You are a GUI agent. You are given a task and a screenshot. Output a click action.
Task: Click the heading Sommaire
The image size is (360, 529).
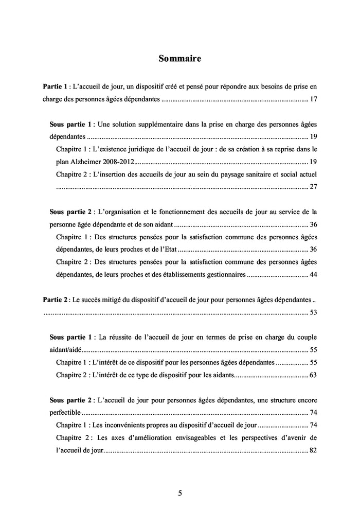click(179, 59)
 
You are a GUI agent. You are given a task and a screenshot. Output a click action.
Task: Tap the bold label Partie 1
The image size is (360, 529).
click(55, 85)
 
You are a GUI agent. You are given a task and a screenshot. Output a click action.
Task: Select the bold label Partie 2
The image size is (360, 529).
click(55, 299)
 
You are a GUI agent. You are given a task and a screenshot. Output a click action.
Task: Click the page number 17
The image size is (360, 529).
click(313, 99)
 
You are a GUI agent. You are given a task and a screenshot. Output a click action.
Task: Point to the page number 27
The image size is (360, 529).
click(313, 186)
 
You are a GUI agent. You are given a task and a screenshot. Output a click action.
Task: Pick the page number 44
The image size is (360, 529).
click(313, 274)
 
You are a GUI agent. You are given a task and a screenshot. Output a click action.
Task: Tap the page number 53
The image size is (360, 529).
click(313, 312)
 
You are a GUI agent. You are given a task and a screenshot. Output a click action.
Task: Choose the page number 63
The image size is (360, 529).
click(313, 374)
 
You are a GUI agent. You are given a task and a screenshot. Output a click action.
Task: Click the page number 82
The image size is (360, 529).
click(313, 450)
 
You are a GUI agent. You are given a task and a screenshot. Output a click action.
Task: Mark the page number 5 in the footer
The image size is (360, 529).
click(179, 493)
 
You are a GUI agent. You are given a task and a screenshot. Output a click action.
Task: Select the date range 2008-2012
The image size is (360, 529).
click(116, 162)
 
